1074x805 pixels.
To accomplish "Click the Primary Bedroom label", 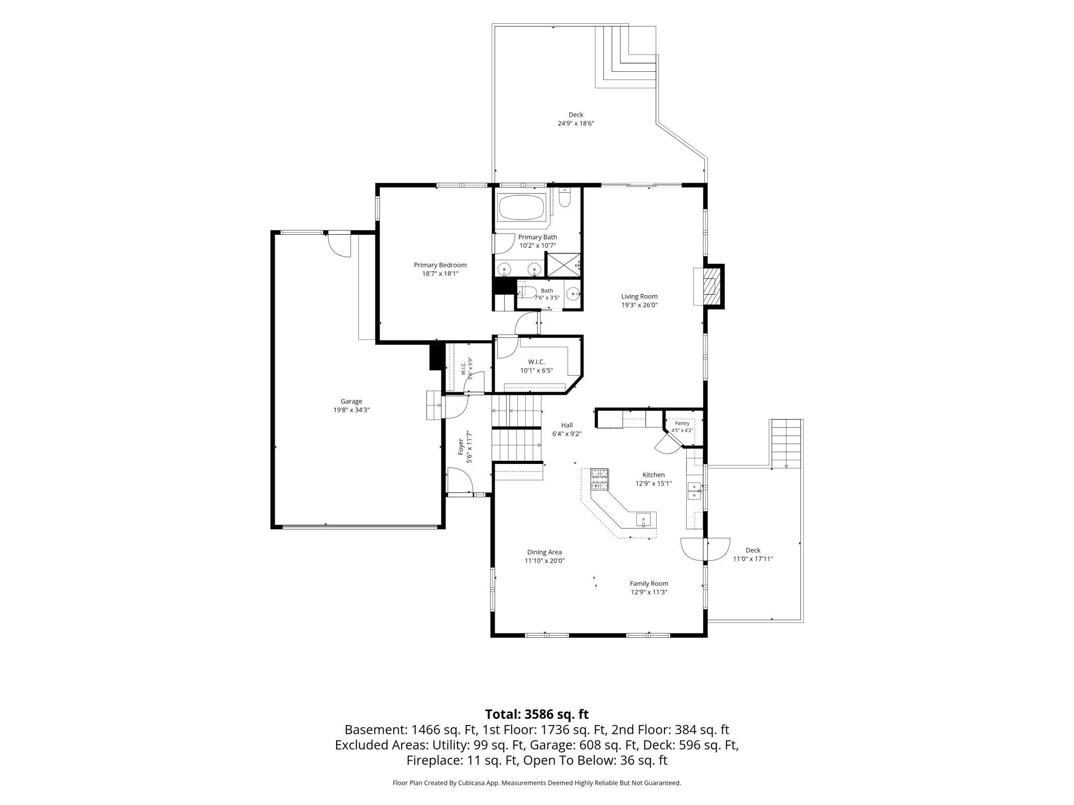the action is pos(440,265).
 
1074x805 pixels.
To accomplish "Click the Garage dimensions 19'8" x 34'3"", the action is pos(351,410).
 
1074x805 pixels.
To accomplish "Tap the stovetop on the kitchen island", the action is pos(599,479).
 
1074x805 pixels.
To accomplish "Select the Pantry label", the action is pos(682,423).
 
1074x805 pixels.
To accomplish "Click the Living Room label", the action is pos(639,297).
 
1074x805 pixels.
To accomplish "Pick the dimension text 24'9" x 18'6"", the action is pos(576,123).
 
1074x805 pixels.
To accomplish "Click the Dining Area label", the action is pos(544,552).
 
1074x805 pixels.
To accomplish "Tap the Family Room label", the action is pos(649,584).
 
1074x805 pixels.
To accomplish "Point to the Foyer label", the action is pos(461,447).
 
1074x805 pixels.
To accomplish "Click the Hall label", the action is pos(567,425).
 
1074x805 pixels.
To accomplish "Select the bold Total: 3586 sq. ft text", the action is pos(537,714).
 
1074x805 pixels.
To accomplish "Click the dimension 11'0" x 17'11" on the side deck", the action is pos(753,559).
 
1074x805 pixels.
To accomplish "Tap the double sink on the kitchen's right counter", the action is pos(694,490).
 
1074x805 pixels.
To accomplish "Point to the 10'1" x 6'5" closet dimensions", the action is pos(536,371).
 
